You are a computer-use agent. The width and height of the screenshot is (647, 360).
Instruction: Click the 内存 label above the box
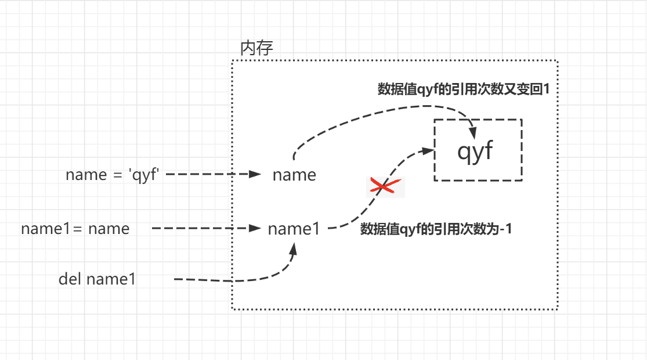(256, 48)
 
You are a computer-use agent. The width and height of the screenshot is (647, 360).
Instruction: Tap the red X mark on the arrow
(385, 186)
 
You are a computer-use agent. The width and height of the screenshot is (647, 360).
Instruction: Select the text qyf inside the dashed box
(475, 150)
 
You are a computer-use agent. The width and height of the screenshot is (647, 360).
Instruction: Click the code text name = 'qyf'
(113, 175)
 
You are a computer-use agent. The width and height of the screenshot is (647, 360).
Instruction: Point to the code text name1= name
(75, 229)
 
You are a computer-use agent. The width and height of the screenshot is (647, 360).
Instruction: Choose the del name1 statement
(97, 279)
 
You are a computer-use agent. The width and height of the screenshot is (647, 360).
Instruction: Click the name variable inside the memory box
(294, 175)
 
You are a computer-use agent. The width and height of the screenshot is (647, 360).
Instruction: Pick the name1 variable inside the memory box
(294, 229)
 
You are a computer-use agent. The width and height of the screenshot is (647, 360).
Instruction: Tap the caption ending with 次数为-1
(436, 229)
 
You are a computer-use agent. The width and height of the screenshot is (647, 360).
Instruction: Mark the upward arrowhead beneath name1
(294, 248)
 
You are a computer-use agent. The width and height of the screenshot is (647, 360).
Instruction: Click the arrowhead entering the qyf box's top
(472, 131)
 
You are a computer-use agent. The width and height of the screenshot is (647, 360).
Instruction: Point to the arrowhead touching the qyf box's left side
(429, 150)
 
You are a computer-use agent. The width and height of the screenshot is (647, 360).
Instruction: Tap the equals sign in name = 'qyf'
(119, 175)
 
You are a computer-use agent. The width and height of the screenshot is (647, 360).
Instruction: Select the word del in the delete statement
(70, 279)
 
